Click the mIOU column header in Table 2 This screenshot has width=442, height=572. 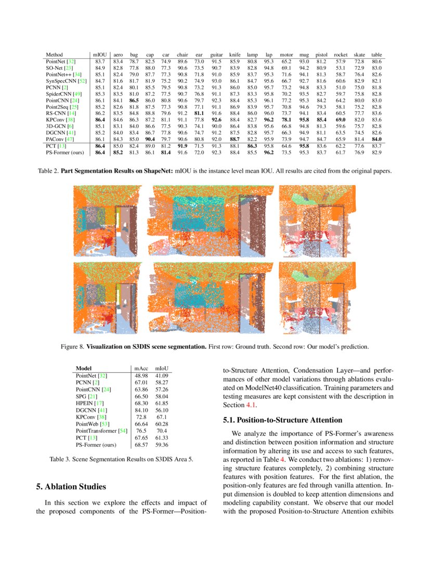tap(99, 55)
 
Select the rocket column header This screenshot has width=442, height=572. tap(341, 55)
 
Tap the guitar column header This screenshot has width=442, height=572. tap(217, 55)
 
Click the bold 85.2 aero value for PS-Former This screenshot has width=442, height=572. tap(118, 152)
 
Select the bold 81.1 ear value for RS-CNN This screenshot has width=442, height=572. tap(199, 113)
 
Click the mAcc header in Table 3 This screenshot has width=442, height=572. tap(141, 369)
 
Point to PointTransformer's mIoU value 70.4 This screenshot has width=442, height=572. tap(162, 431)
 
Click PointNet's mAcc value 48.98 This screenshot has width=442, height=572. tap(141, 375)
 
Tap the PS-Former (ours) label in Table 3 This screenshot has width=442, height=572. tap(96, 445)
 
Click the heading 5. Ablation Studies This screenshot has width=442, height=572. tap(71, 487)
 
